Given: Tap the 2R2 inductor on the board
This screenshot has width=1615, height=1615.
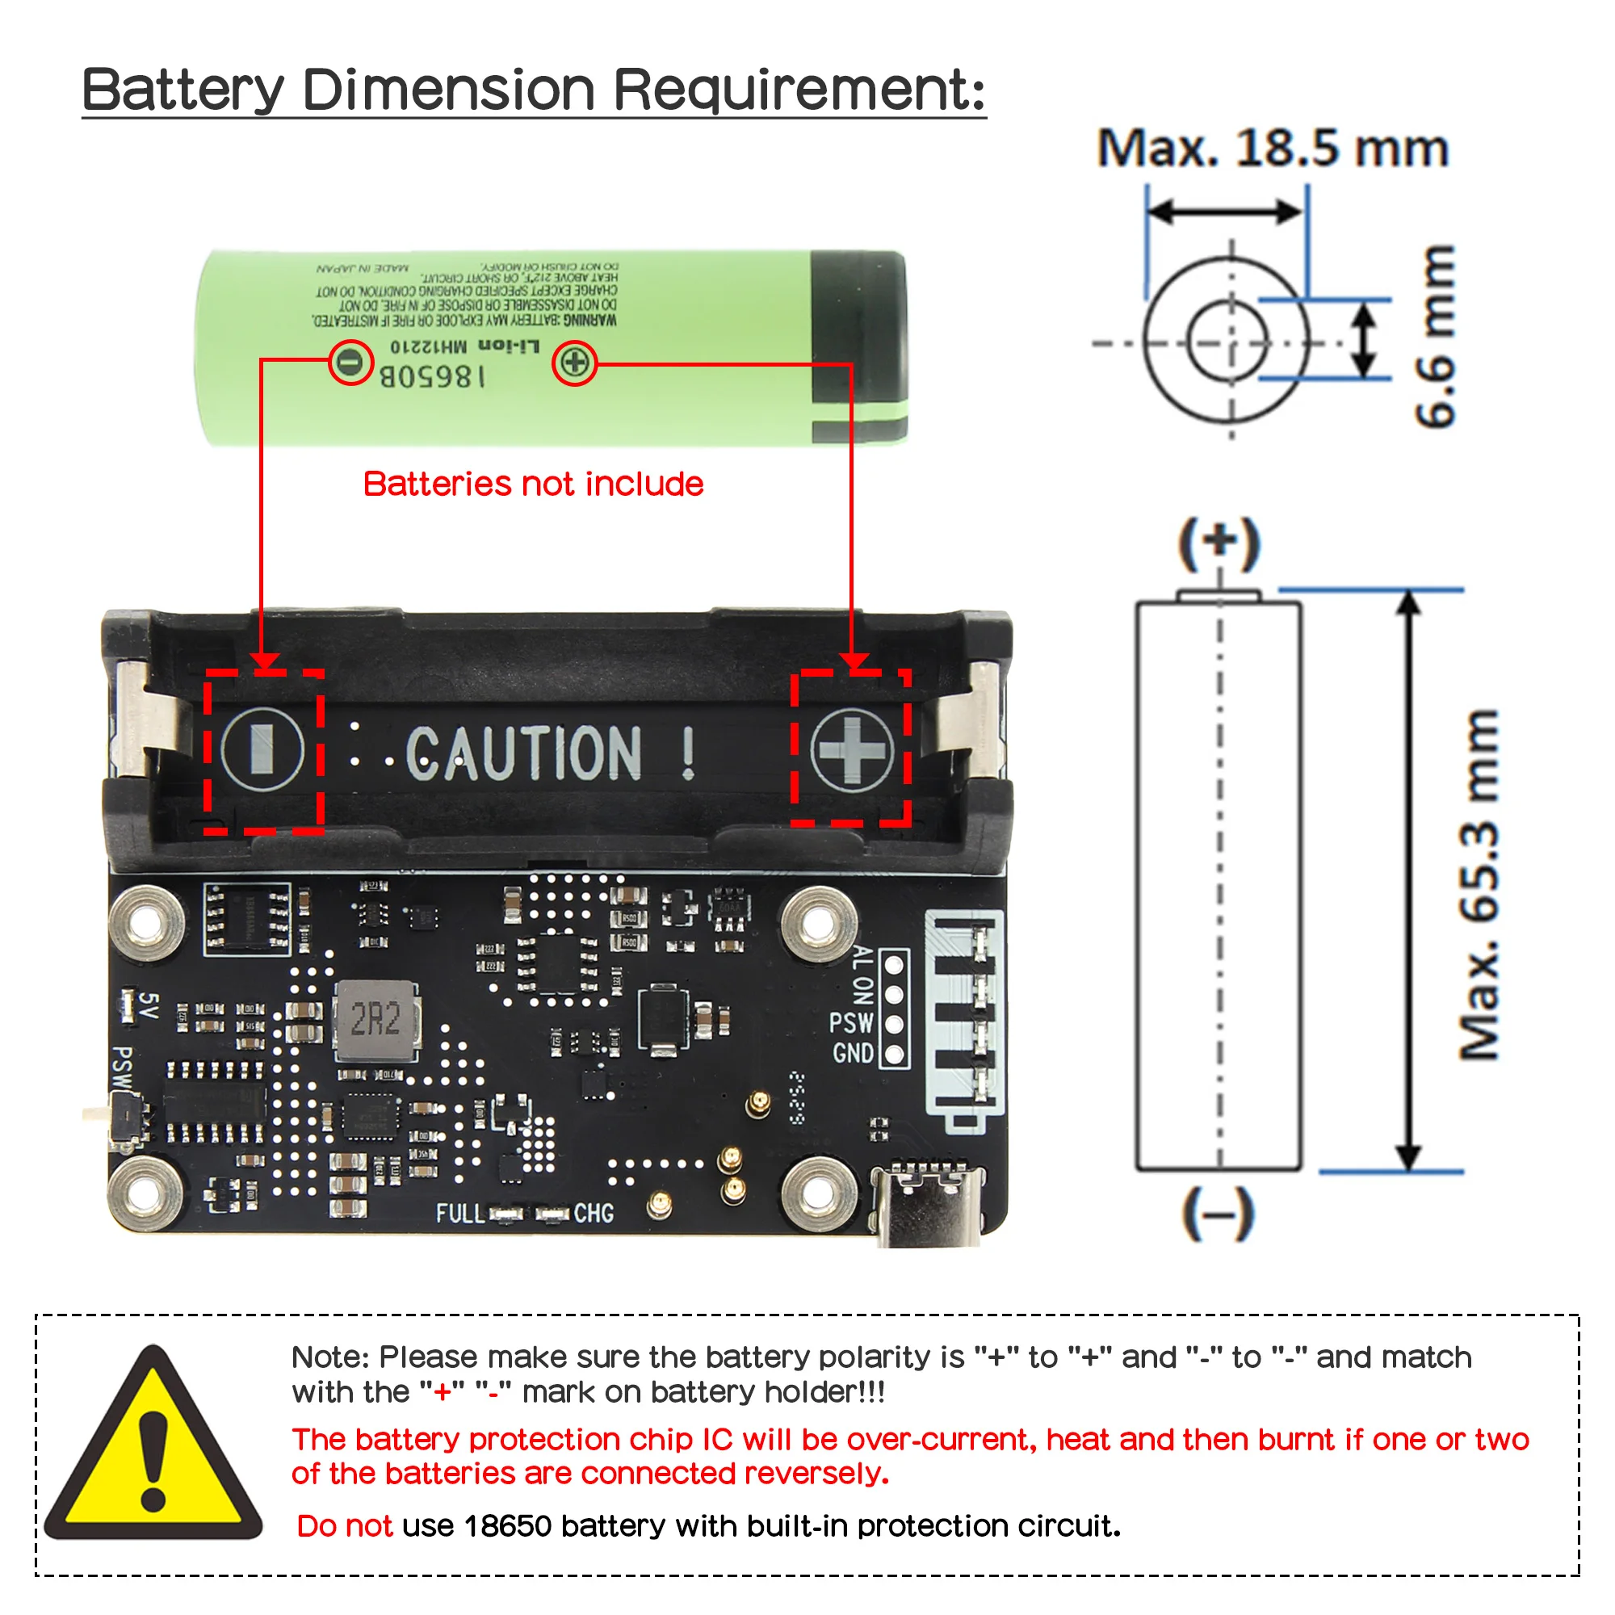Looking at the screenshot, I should (376, 1021).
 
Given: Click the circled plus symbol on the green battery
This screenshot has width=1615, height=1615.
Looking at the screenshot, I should (574, 363).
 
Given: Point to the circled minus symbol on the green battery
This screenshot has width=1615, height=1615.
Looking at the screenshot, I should (350, 362).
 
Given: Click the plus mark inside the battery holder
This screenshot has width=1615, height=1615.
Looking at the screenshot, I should (852, 750).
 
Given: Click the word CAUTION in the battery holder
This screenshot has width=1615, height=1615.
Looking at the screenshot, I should (524, 753).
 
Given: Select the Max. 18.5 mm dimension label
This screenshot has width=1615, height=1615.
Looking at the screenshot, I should (1272, 149).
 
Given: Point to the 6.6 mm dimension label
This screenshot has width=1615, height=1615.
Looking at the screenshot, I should (1434, 336).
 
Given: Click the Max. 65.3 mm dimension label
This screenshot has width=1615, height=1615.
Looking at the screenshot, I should (1479, 884).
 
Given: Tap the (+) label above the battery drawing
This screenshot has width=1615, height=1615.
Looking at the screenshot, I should (1219, 543).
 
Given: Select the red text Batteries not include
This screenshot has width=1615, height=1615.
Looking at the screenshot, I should (533, 484).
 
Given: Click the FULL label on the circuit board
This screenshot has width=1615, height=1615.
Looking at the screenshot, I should (459, 1213).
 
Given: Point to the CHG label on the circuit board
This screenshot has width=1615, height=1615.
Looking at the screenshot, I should (594, 1213).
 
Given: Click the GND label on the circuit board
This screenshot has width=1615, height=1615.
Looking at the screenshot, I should (852, 1053).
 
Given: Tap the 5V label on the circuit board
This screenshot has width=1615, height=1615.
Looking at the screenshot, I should (148, 1005).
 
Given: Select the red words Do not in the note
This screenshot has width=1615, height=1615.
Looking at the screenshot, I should (345, 1526).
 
